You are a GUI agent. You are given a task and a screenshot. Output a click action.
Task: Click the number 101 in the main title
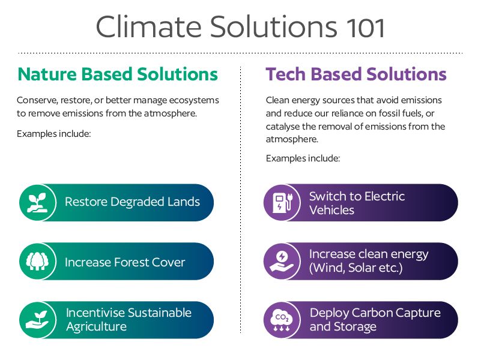coord(365,27)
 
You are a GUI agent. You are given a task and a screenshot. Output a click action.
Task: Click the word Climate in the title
coord(149,26)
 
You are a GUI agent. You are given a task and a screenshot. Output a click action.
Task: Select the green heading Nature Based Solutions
coord(118,74)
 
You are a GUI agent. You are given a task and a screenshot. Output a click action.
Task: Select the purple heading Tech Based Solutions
coord(356,74)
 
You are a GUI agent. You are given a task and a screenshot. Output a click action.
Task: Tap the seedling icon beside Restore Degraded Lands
coord(37,203)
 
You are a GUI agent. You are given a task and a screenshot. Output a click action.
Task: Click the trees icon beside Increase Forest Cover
coord(37,262)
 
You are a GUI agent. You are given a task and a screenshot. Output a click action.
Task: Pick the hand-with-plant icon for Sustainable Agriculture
coord(37,320)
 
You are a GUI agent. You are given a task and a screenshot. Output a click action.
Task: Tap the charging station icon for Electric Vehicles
coord(282,203)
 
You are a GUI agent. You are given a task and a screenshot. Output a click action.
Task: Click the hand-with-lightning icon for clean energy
coord(282,262)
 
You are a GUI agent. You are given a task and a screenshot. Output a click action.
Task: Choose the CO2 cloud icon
coord(282,320)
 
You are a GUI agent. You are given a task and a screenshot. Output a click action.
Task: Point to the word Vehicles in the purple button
coord(331,210)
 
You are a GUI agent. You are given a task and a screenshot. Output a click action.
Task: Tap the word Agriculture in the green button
coord(96,326)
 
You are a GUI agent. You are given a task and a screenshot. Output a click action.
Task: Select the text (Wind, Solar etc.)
coord(355,268)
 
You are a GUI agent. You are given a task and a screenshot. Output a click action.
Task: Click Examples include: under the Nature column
coord(53,134)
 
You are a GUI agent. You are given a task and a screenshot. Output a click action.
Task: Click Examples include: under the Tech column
coord(303,158)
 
